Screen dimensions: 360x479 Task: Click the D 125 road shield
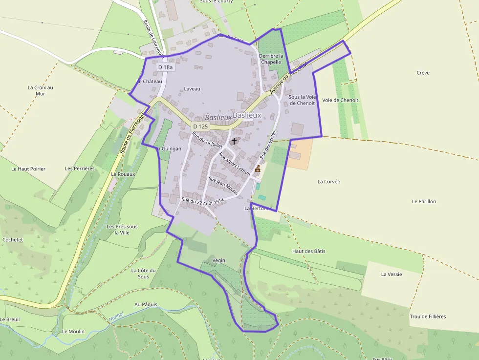coord(200,126)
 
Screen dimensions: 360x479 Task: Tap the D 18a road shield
coord(166,67)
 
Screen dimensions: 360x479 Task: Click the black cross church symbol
coord(234,141)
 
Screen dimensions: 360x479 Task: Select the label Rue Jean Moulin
coord(223,186)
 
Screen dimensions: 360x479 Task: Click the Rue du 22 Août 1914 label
coord(202,200)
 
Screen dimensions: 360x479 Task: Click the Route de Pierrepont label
coord(132,133)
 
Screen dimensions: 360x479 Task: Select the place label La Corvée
coord(328,181)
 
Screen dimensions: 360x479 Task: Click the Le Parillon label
coord(424,201)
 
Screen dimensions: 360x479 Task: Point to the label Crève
coord(423,73)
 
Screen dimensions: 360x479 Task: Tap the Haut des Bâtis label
coord(308,251)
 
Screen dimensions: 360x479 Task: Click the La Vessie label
coord(392,274)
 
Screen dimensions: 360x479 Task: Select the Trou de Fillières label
coord(428,317)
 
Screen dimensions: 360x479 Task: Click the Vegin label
coord(219,260)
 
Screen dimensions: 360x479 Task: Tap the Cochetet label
coord(13,240)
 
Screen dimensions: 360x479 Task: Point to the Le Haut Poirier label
coord(28,169)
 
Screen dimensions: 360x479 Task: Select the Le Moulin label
coord(73,331)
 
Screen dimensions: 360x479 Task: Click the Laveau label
coord(192,89)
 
